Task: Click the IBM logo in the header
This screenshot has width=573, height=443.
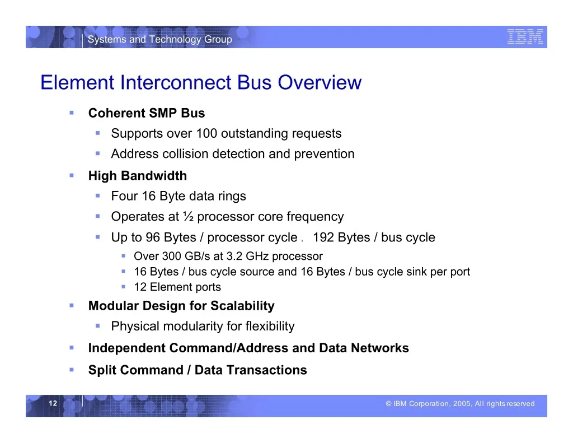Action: click(x=525, y=38)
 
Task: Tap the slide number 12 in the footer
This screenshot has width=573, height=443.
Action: click(x=53, y=403)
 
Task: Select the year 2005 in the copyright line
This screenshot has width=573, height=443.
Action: click(x=462, y=403)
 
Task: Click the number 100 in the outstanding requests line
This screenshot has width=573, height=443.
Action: click(x=206, y=133)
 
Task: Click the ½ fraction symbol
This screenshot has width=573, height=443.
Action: click(x=188, y=217)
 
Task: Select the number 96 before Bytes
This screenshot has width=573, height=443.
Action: click(x=153, y=237)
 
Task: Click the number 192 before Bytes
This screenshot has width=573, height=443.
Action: click(x=323, y=237)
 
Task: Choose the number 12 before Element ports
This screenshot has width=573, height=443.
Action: click(x=140, y=287)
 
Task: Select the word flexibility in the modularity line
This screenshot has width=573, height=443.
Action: click(x=270, y=326)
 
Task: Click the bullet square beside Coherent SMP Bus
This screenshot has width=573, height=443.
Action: click(x=72, y=113)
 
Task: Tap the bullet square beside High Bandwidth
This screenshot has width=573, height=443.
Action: click(x=72, y=176)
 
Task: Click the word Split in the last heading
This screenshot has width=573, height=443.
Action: click(x=104, y=370)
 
